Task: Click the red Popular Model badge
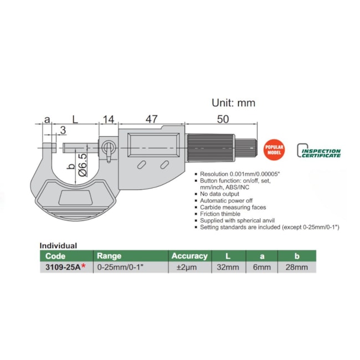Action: (x=274, y=150)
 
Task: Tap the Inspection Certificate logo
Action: (x=318, y=151)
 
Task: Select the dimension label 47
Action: (x=152, y=119)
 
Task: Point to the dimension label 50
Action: (x=223, y=119)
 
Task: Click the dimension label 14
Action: (x=109, y=120)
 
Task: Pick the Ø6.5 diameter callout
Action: (x=83, y=165)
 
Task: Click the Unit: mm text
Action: (x=233, y=102)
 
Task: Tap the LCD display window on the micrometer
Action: (x=153, y=145)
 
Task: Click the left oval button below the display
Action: (x=142, y=165)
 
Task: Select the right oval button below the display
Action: (x=164, y=165)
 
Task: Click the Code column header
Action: (x=55, y=256)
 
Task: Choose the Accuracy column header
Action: (x=189, y=256)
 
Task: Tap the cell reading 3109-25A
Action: (x=63, y=268)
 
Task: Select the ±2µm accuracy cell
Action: (x=187, y=268)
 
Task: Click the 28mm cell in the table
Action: (x=297, y=268)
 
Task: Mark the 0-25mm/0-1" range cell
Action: (x=120, y=268)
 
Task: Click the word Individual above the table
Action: (x=58, y=246)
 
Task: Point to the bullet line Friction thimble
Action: (x=220, y=214)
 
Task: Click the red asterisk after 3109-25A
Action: (x=84, y=266)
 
